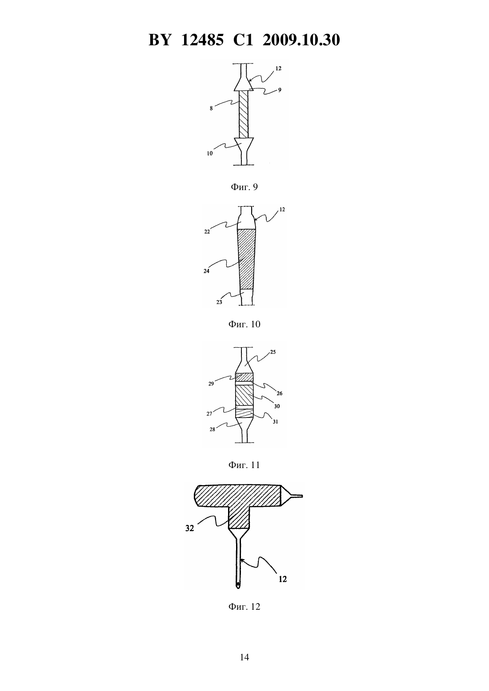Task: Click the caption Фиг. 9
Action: (x=244, y=187)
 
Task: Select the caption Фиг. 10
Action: (x=244, y=324)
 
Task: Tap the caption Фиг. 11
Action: (x=244, y=465)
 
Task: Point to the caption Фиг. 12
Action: (x=244, y=607)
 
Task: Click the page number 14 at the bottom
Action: (x=244, y=657)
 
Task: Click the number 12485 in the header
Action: (x=202, y=40)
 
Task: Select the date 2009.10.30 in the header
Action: (x=301, y=40)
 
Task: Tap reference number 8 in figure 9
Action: (x=211, y=109)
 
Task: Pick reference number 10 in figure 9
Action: (x=210, y=153)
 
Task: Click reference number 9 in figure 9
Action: (x=280, y=90)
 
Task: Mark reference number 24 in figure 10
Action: (x=207, y=271)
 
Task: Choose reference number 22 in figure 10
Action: (x=207, y=232)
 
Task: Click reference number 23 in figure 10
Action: (x=219, y=302)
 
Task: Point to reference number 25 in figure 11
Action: (x=273, y=352)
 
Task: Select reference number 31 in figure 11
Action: (x=275, y=422)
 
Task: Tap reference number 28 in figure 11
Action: (x=212, y=429)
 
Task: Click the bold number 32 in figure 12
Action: (x=189, y=528)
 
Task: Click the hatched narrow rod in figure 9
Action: (x=244, y=115)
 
